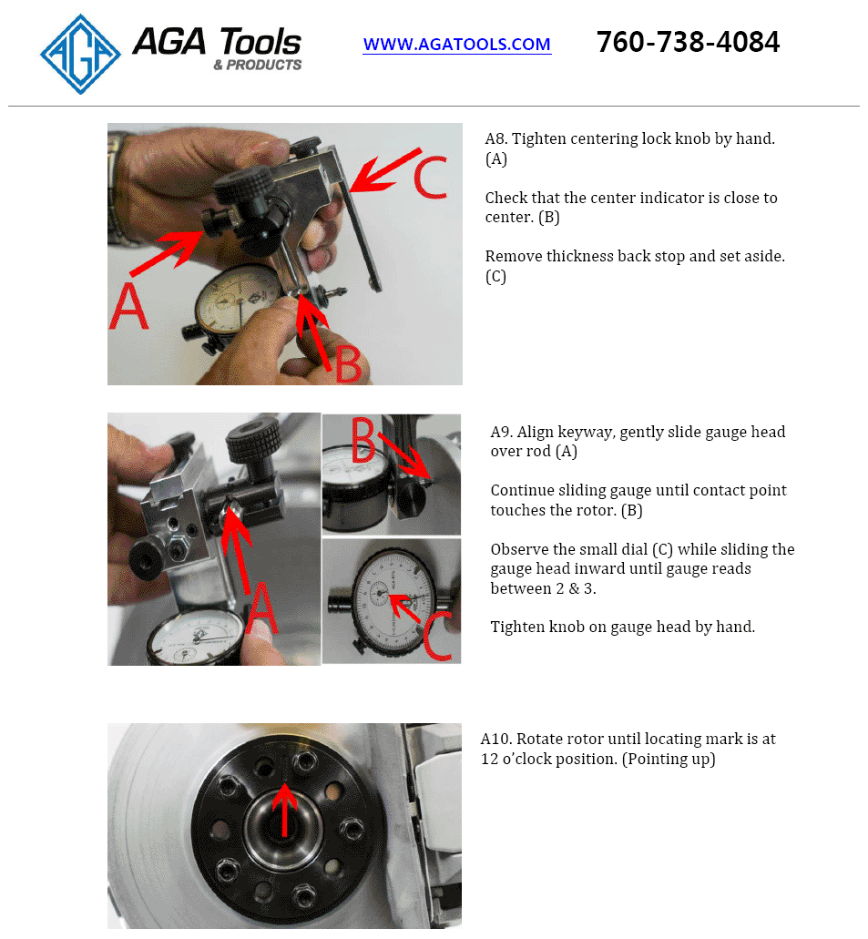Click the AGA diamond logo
[80, 55]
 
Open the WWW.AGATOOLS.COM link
[457, 45]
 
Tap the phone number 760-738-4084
[689, 42]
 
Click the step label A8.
[496, 139]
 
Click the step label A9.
[501, 433]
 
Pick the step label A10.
[495, 739]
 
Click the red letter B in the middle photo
[363, 440]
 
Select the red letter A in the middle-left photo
[261, 607]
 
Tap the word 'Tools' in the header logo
[260, 42]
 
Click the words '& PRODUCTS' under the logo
[258, 65]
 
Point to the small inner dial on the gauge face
[379, 594]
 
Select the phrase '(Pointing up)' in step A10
[669, 760]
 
